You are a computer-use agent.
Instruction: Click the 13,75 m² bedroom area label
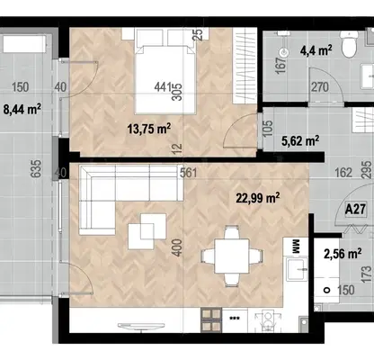149,129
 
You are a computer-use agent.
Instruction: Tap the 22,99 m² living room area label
258,198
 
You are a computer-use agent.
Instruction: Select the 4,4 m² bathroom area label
316,50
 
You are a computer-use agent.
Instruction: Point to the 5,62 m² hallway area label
300,140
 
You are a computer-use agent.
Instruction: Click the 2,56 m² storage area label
343,254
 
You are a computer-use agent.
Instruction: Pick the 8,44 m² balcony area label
22,109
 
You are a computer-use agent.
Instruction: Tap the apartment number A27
355,209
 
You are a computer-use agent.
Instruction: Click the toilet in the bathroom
349,44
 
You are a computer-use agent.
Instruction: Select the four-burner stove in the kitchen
211,320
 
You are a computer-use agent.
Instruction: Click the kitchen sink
297,268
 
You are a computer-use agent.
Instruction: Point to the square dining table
232,256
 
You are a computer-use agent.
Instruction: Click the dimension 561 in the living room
189,173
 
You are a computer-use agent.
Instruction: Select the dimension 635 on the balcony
36,168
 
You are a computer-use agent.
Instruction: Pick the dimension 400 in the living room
177,247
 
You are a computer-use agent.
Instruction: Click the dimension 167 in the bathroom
280,66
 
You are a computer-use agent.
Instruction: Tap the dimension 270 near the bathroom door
320,87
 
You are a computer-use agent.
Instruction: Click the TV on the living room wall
141,326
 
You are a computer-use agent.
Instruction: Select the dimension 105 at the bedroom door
268,129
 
